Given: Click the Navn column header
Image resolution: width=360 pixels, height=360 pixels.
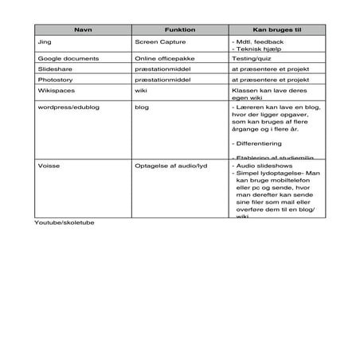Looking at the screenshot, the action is [83, 28].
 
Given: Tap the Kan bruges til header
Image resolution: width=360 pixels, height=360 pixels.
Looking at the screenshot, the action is [275, 28].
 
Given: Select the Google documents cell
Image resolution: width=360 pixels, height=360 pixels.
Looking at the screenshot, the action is [68, 59].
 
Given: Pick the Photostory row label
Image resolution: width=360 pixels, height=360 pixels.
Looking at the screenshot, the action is [56, 81].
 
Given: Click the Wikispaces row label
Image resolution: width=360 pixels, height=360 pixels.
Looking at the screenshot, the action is [57, 92].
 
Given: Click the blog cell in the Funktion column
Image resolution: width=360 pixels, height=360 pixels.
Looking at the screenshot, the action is [142, 108].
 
